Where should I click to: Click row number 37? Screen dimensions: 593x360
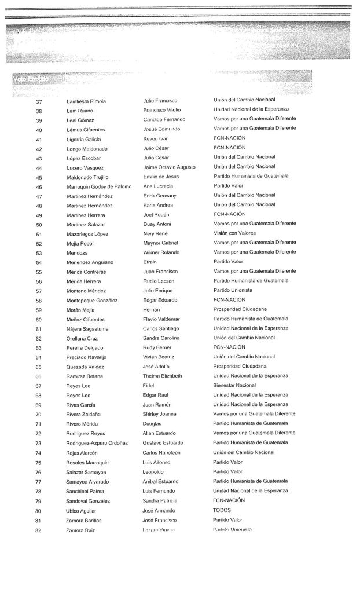click(39, 101)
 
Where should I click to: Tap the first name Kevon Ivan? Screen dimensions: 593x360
click(156, 139)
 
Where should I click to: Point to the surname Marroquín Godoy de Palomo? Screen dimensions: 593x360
click(100, 186)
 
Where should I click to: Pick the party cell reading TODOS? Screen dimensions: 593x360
click(222, 510)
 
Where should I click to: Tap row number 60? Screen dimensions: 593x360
click(39, 319)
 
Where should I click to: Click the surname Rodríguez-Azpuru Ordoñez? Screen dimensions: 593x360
click(100, 443)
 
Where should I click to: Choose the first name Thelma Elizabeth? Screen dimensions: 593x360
click(163, 376)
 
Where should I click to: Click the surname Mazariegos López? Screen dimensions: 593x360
click(88, 234)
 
